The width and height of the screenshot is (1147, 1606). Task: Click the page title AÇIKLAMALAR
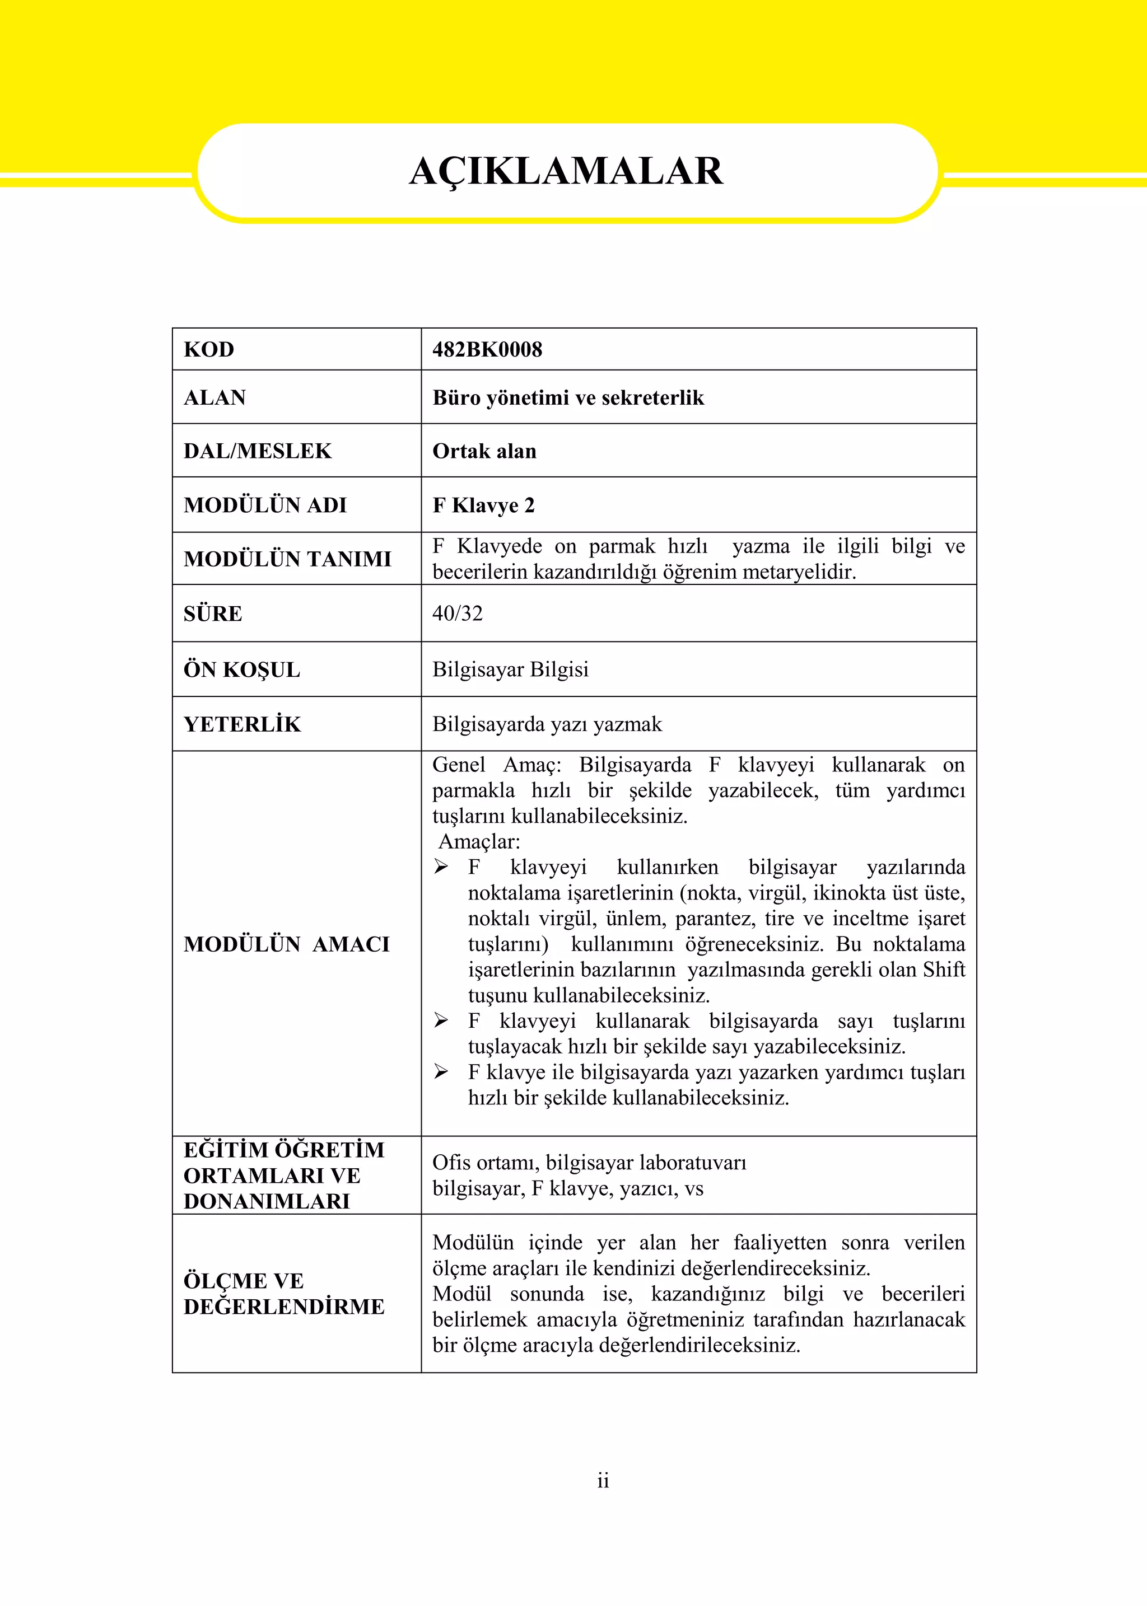coord(566,171)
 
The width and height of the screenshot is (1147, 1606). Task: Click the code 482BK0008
coord(487,349)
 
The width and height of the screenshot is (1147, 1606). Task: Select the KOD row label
coord(208,349)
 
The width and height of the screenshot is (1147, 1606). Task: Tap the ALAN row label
coord(215,397)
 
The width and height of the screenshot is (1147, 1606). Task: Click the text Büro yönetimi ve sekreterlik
coord(568,397)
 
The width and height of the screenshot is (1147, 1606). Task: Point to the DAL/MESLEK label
coord(257,451)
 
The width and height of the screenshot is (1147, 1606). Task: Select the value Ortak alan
coord(484,451)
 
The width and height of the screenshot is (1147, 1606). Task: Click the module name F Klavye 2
coord(483,505)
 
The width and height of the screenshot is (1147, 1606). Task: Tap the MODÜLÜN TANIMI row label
coord(287,559)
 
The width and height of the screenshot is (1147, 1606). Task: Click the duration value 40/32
coord(457,614)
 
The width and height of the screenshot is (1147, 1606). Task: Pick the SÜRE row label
coord(213,614)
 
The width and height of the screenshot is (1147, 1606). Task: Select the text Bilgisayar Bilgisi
coord(510,669)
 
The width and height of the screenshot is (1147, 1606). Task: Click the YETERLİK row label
coord(243,724)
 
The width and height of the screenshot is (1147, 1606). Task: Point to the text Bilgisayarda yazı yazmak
coord(547,724)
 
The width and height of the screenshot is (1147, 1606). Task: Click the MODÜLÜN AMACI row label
coord(286,944)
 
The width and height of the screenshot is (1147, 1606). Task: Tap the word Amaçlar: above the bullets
coord(479,841)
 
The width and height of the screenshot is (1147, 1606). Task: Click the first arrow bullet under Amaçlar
coord(441,867)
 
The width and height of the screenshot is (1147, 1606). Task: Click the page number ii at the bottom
coord(603,1481)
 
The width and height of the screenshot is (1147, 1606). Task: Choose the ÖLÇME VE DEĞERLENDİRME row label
coord(283,1294)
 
